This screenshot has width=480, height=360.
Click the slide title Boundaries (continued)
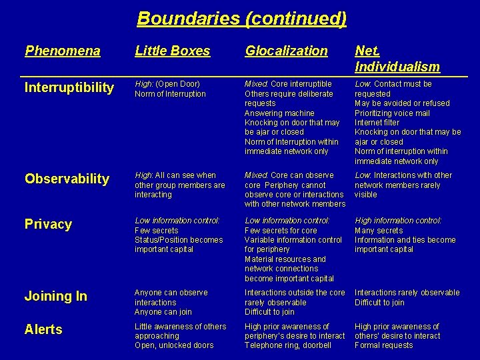tap(241, 19)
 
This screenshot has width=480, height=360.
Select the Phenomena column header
tap(63, 51)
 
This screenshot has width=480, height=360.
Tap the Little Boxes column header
tap(172, 51)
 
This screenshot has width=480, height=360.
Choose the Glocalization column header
tap(286, 51)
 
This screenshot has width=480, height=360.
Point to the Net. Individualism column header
tap(397, 59)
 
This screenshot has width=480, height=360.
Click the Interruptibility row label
tap(69, 88)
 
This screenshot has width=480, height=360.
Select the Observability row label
tap(67, 179)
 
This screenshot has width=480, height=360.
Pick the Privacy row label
tap(48, 224)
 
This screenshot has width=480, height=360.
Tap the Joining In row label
tap(56, 297)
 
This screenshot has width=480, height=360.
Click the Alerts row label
tap(43, 329)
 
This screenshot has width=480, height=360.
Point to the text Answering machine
tap(279, 113)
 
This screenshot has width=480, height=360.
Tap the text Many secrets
tap(379, 230)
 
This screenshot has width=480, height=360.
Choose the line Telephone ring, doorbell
tap(287, 345)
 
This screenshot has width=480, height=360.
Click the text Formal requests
tap(383, 345)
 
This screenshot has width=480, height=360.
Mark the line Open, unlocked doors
tap(174, 345)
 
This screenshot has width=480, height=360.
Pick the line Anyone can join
tap(163, 312)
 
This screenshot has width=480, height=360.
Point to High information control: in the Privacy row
tap(398, 221)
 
